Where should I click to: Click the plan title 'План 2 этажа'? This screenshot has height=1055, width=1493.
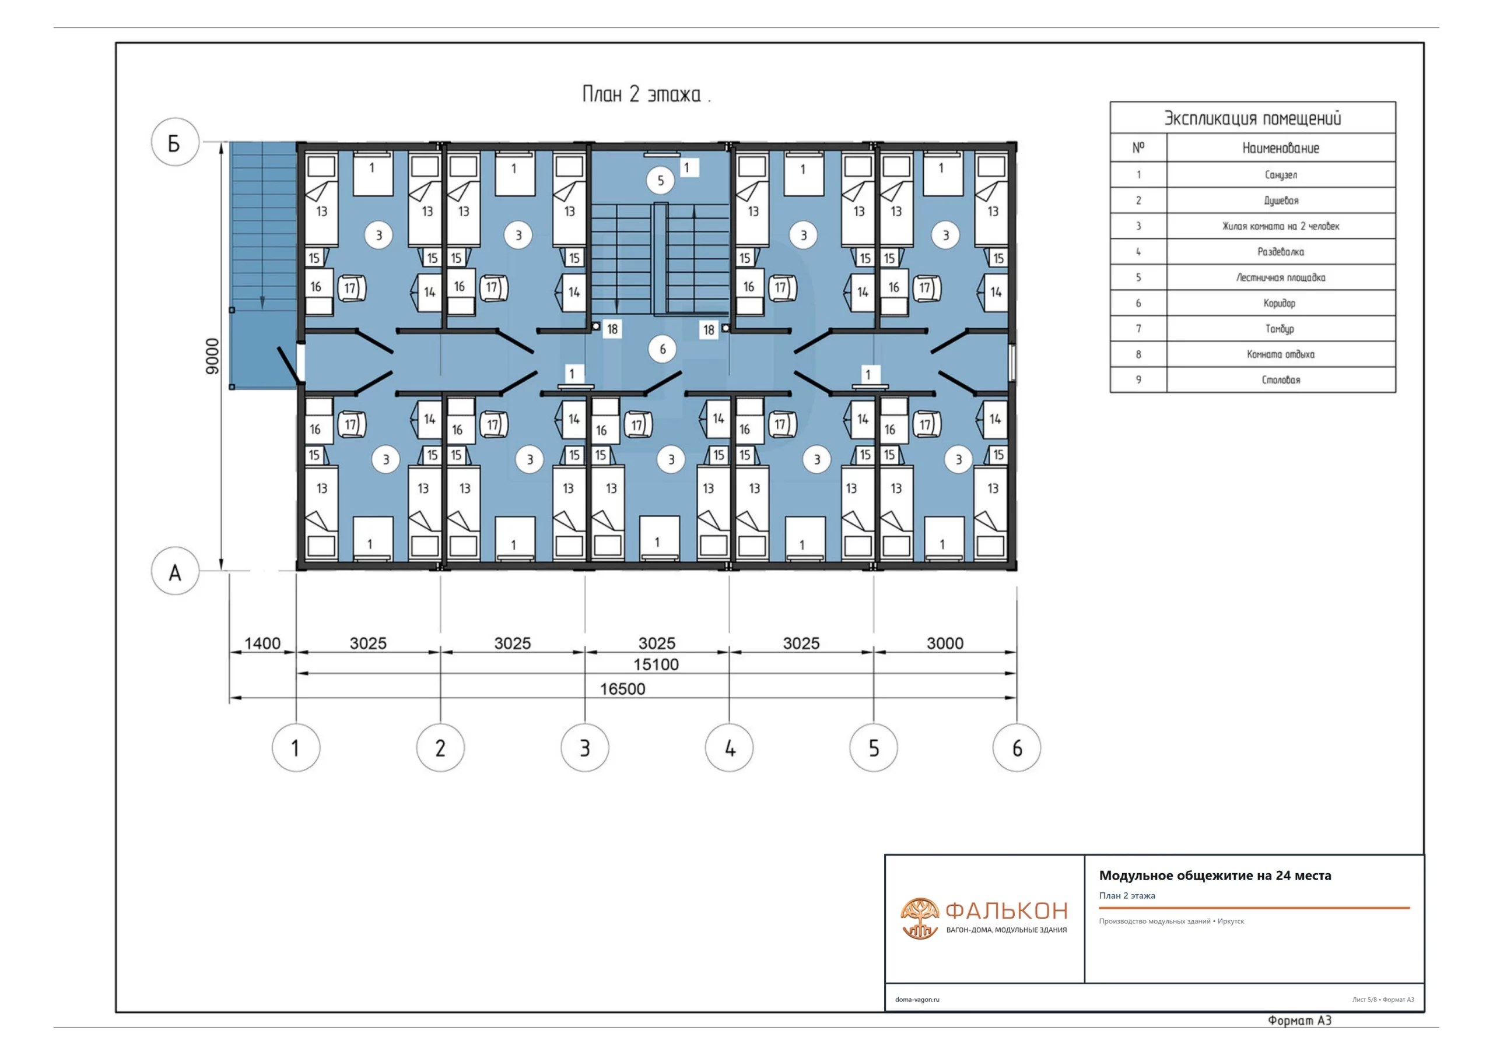pos(641,95)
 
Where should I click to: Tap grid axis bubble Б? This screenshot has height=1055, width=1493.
pos(174,142)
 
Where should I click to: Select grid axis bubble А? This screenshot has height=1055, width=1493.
pos(174,571)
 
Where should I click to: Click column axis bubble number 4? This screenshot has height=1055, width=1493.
pos(729,748)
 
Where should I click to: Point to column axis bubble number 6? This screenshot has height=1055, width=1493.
pos(1017,748)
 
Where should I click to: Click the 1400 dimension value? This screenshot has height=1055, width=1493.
pos(262,643)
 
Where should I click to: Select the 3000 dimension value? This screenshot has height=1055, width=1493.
pos(945,643)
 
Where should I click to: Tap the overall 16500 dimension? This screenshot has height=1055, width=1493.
pos(622,688)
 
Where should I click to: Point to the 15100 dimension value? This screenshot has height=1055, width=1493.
pos(656,664)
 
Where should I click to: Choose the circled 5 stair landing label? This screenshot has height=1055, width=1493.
pos(660,180)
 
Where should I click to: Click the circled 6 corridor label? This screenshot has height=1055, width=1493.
pos(662,349)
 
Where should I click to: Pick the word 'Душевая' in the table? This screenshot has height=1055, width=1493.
pos(1281,200)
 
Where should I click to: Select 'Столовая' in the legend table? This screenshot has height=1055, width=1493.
pos(1281,379)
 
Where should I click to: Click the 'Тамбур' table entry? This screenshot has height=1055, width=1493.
pos(1280,328)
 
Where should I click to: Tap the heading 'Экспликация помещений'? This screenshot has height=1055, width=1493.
pos(1252,118)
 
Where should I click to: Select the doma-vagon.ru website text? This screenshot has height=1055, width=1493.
pos(917,1000)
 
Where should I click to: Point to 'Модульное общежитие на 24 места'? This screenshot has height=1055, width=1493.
pos(1215,875)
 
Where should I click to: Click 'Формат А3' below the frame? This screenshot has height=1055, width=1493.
pos(1299,1021)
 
